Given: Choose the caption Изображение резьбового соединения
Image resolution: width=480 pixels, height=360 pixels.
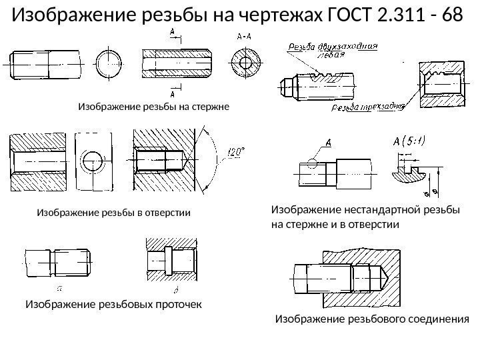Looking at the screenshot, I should coord(372,319).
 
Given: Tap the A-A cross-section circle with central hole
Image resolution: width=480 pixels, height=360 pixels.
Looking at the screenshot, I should coord(246,64).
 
